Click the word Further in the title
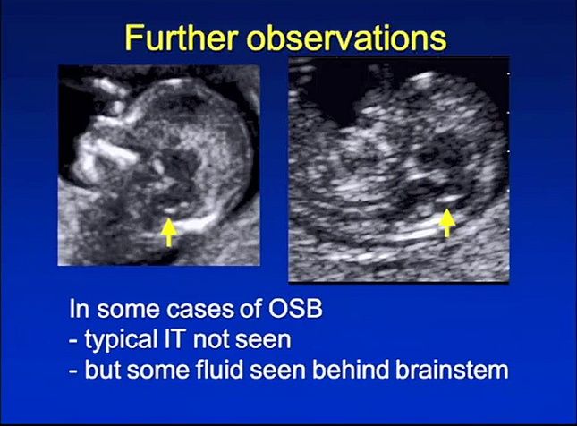coord(181,38)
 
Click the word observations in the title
coord(346,38)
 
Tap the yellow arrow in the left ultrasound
coord(169,232)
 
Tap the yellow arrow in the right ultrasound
coord(447,223)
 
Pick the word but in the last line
coord(102,369)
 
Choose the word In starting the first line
coord(79,309)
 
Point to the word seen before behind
coord(277,371)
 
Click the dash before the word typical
coord(72,341)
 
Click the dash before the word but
coord(72,371)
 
